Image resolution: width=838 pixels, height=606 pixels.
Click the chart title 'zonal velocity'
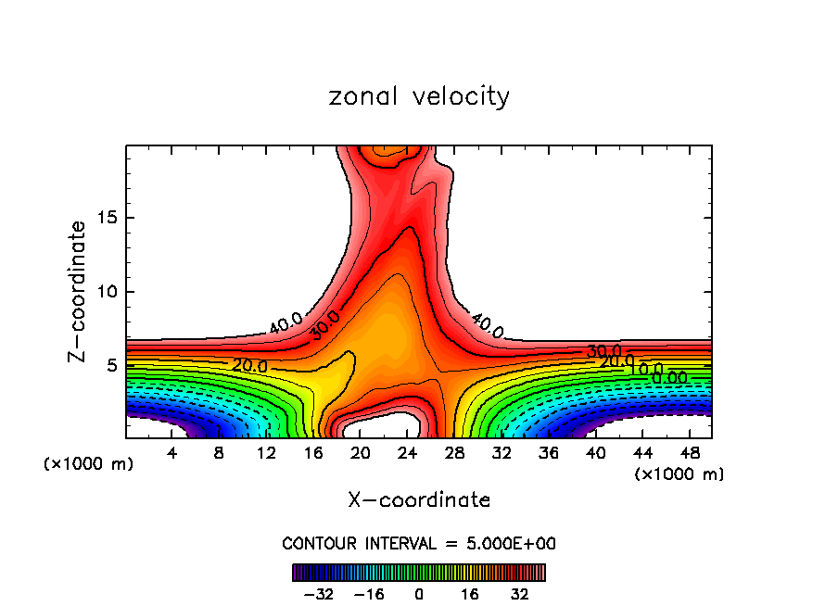click(x=419, y=96)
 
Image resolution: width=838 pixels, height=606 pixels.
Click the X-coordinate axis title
click(x=419, y=500)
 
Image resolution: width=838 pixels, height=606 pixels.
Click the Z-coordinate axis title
click(x=78, y=291)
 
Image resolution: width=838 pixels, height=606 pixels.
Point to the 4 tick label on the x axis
click(x=171, y=453)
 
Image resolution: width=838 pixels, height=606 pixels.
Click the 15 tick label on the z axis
click(x=108, y=218)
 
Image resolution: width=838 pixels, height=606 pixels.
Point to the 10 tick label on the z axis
click(x=108, y=292)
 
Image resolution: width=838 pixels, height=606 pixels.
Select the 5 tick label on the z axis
click(x=112, y=366)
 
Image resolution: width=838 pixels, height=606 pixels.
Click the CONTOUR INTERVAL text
click(x=419, y=543)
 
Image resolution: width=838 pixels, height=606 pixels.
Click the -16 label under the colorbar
click(x=369, y=594)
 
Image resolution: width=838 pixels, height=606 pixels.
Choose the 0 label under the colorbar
click(x=419, y=594)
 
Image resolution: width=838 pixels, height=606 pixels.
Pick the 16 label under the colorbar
click(x=470, y=594)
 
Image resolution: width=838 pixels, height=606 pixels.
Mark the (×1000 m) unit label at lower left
click(x=89, y=464)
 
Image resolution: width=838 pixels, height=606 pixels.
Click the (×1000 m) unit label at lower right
click(x=679, y=473)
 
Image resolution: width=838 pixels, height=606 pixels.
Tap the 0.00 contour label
click(x=670, y=378)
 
